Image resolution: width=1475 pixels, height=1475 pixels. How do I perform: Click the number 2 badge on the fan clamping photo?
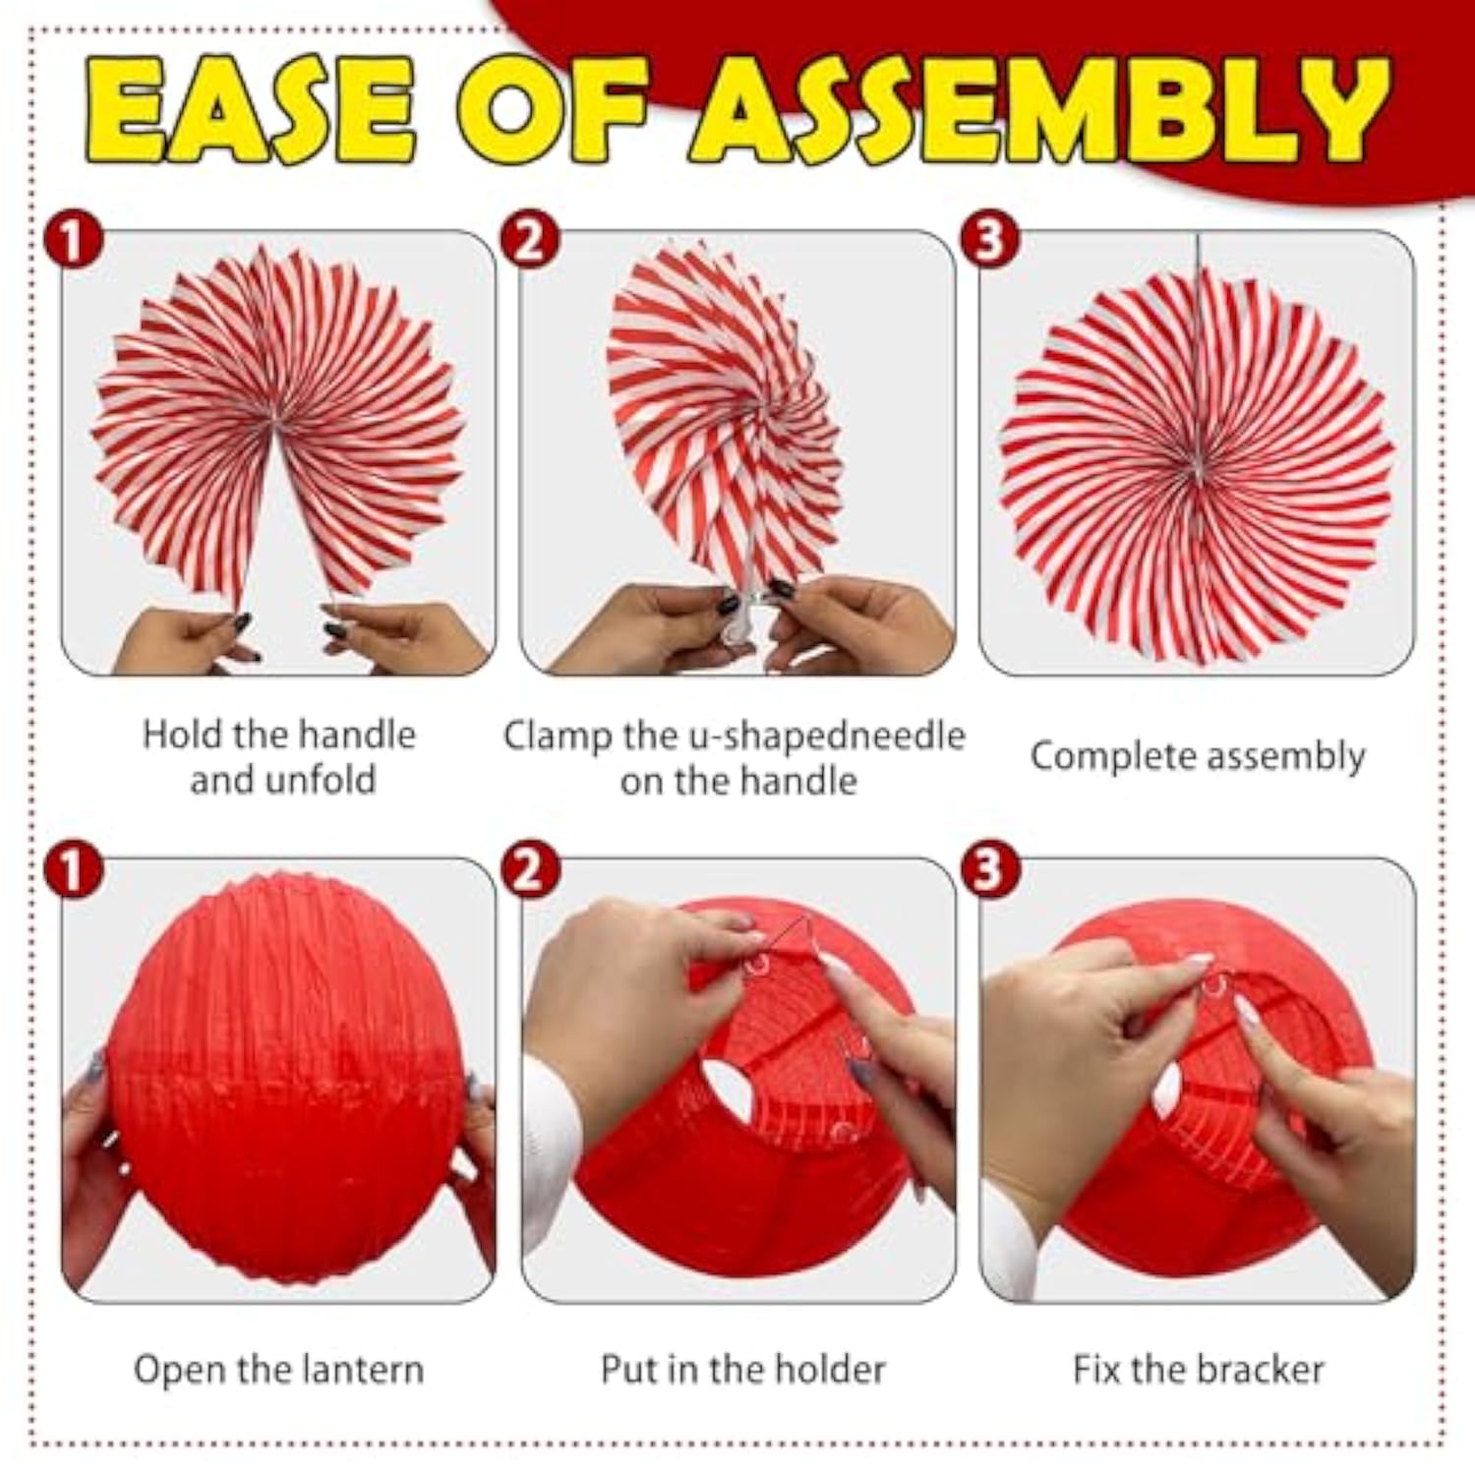click(x=530, y=239)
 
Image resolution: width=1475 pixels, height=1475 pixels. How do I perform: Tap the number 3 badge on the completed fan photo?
click(x=989, y=239)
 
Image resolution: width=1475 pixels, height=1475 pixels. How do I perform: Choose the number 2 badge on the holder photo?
click(x=530, y=869)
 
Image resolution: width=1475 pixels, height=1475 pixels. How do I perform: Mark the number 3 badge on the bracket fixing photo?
click(x=989, y=869)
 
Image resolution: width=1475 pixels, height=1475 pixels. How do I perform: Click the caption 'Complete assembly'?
click(x=1197, y=757)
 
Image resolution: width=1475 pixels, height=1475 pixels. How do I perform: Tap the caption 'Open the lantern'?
click(x=278, y=1370)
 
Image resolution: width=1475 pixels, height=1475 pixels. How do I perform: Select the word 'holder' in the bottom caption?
click(x=828, y=1370)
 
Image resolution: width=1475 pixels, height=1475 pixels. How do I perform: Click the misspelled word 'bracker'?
click(x=1262, y=1370)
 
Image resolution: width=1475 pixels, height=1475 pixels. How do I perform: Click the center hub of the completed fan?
click(x=1197, y=470)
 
